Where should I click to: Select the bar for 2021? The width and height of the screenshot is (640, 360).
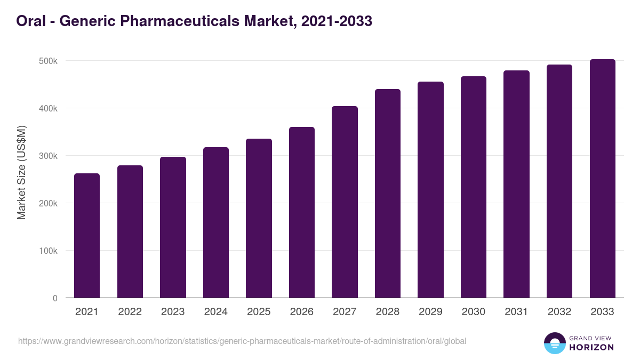pyautogui.click(x=87, y=235)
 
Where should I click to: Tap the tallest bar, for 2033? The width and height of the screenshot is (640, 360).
pyautogui.click(x=602, y=179)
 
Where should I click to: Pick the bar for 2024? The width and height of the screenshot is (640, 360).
pyautogui.click(x=216, y=222)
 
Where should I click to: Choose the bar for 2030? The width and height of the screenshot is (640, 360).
pyautogui.click(x=474, y=187)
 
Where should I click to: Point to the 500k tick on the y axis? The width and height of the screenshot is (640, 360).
pyautogui.click(x=48, y=61)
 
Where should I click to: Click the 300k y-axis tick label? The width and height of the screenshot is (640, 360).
pyautogui.click(x=48, y=156)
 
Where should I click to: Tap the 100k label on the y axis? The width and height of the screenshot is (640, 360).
pyautogui.click(x=48, y=251)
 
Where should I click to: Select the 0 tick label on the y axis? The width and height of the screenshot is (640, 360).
pyautogui.click(x=54, y=298)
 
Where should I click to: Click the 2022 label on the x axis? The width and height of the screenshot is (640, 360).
pyautogui.click(x=130, y=312)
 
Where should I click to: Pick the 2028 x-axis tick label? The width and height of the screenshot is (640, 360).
pyautogui.click(x=387, y=312)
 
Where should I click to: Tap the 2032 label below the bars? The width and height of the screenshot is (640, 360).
pyautogui.click(x=559, y=312)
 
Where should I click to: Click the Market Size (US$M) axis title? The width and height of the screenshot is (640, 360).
pyautogui.click(x=21, y=172)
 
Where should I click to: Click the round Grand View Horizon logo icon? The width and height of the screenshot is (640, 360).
pyautogui.click(x=555, y=343)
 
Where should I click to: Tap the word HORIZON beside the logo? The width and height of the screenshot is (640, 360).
pyautogui.click(x=592, y=347)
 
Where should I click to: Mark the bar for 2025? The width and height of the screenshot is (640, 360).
pyautogui.click(x=259, y=218)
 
